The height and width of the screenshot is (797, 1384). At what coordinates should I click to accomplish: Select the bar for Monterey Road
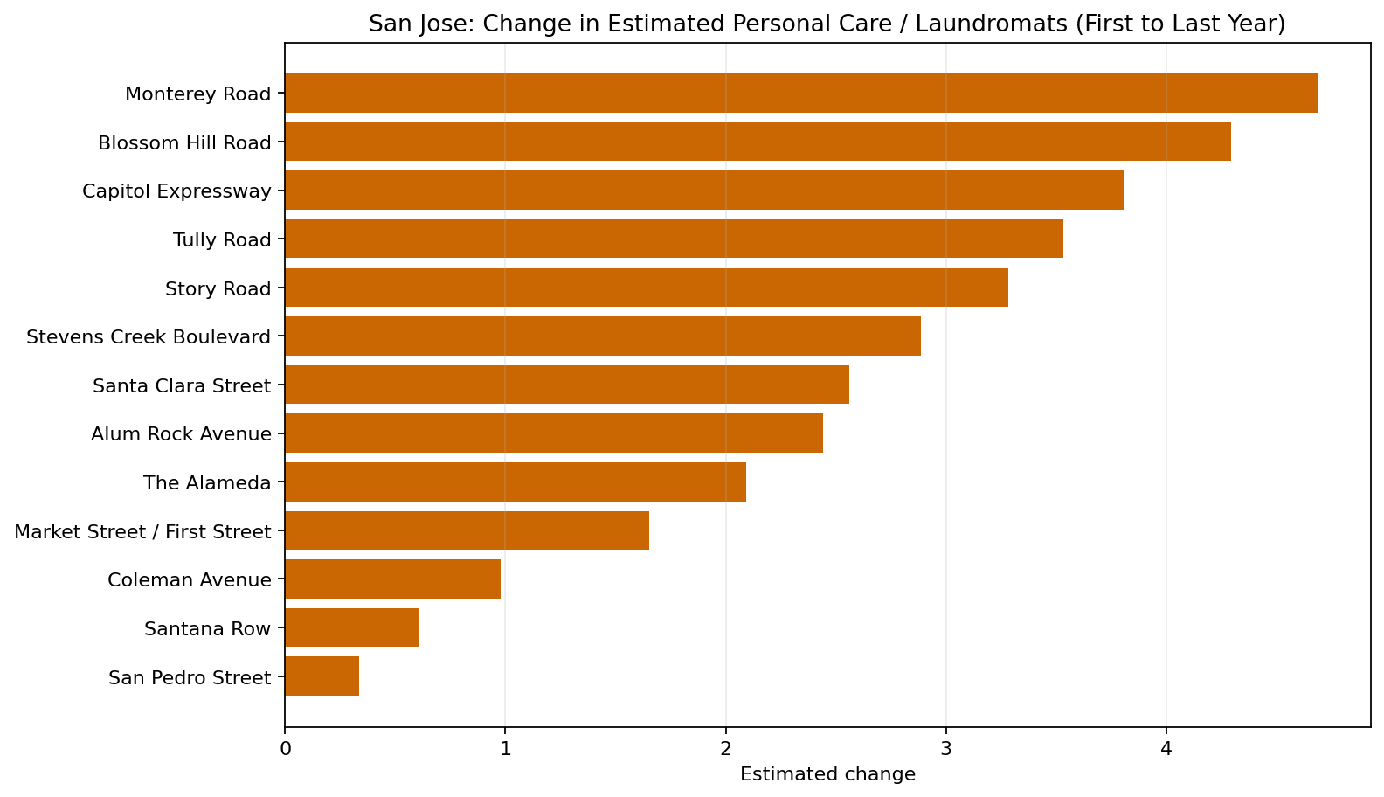click(800, 94)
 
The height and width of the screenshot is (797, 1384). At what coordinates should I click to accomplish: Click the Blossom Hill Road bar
click(757, 142)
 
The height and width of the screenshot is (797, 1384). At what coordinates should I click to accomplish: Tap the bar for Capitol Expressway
click(703, 191)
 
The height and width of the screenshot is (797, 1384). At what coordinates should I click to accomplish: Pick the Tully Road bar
click(673, 239)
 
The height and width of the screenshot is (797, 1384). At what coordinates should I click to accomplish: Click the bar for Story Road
click(646, 288)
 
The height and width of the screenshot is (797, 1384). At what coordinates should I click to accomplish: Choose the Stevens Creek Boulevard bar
click(602, 336)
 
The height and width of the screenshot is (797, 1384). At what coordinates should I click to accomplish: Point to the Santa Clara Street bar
click(566, 385)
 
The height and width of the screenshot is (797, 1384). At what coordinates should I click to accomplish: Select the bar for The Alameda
click(515, 482)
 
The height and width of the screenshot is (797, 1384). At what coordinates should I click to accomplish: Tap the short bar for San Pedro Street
click(322, 676)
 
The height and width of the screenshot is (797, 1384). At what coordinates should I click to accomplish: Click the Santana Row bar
click(351, 627)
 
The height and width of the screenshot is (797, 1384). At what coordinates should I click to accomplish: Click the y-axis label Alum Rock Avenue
click(181, 433)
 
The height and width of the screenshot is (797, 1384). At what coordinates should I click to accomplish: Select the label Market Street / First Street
click(143, 531)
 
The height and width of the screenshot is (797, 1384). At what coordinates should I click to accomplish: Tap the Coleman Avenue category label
click(189, 579)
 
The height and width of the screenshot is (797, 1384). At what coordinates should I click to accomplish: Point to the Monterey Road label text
click(197, 94)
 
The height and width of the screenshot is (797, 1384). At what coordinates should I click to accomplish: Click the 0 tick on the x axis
click(285, 749)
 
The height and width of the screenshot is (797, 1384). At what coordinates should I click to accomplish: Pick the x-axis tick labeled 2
click(725, 749)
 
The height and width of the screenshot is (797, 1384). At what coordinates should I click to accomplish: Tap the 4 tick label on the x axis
click(1166, 749)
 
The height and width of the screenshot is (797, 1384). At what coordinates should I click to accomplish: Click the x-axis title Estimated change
click(827, 774)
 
